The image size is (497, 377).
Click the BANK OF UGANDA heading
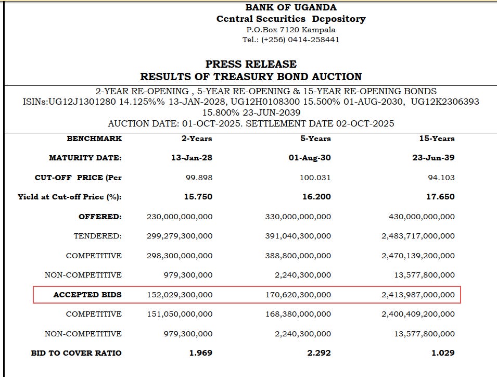click(291, 7)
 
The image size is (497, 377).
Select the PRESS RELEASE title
click(251, 64)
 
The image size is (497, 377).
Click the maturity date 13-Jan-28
click(192, 158)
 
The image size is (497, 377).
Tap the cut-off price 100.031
click(315, 178)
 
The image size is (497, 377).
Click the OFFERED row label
click(100, 217)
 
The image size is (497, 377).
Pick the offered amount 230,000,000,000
click(180, 217)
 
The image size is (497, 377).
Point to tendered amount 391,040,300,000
click(298, 236)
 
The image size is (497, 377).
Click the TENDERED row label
click(97, 236)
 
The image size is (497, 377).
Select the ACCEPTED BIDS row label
click(87, 295)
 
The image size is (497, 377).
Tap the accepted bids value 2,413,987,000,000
click(418, 295)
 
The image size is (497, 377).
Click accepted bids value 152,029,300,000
click(180, 295)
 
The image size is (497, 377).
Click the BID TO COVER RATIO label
click(76, 353)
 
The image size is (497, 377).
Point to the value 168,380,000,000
click(298, 314)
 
